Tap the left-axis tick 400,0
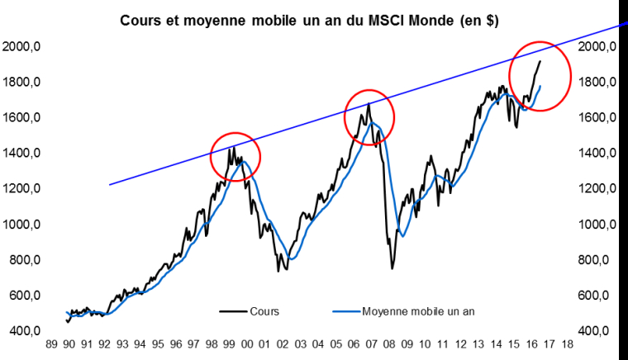click(x=23, y=331)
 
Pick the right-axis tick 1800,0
click(x=597, y=82)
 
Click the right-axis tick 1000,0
click(x=597, y=225)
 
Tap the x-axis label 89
click(x=50, y=346)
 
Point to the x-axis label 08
click(x=388, y=346)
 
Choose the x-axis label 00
click(x=248, y=346)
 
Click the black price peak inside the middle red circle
click(x=369, y=104)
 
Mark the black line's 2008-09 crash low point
click(x=392, y=268)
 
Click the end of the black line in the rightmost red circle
click(x=540, y=61)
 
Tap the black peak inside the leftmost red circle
click(x=232, y=147)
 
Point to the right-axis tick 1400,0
click(x=597, y=154)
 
